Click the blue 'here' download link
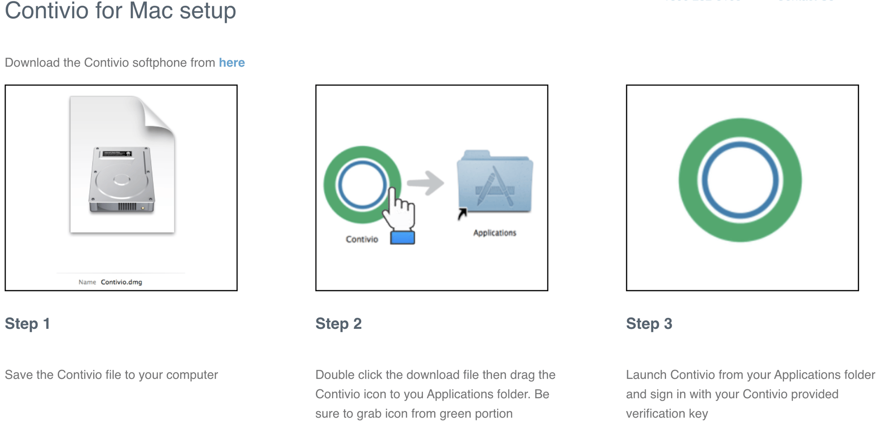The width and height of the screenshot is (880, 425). tap(232, 63)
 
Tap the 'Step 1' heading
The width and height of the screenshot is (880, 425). tap(27, 324)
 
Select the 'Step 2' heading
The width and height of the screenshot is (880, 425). tap(338, 324)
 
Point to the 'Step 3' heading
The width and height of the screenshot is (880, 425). tap(648, 324)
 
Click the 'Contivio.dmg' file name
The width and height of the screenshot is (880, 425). tap(121, 282)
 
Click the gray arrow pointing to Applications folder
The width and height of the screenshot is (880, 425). tap(426, 184)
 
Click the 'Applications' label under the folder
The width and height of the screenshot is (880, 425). tap(495, 233)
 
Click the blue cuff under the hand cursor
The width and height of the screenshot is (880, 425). tap(402, 238)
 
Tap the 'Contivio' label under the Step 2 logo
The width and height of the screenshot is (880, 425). tap(362, 239)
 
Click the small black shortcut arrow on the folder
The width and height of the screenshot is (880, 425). tap(462, 213)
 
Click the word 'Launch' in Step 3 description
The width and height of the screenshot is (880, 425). tap(646, 375)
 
